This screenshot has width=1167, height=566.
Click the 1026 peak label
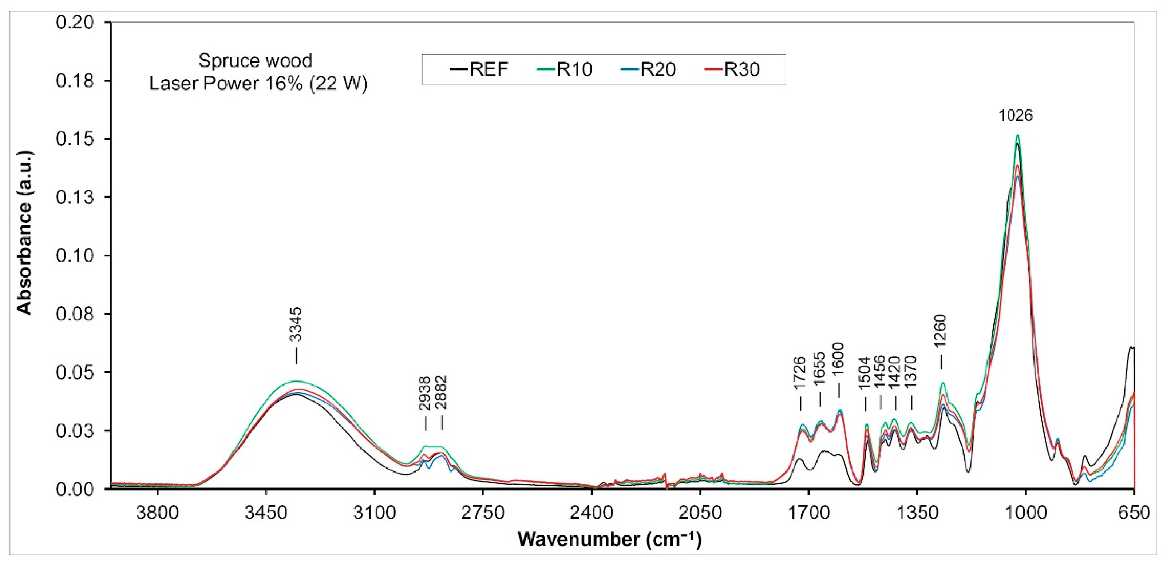(x=1016, y=116)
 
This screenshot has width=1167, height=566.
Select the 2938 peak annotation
(x=425, y=393)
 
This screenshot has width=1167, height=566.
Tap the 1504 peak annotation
(x=865, y=374)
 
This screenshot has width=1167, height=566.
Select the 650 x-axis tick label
(x=1134, y=513)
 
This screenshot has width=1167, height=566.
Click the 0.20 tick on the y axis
(x=75, y=22)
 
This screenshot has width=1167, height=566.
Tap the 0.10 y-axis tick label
(x=75, y=256)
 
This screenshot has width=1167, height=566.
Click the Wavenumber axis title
(x=609, y=540)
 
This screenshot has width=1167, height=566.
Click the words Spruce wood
(x=256, y=61)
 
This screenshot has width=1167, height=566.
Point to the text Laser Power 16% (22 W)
(x=258, y=84)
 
